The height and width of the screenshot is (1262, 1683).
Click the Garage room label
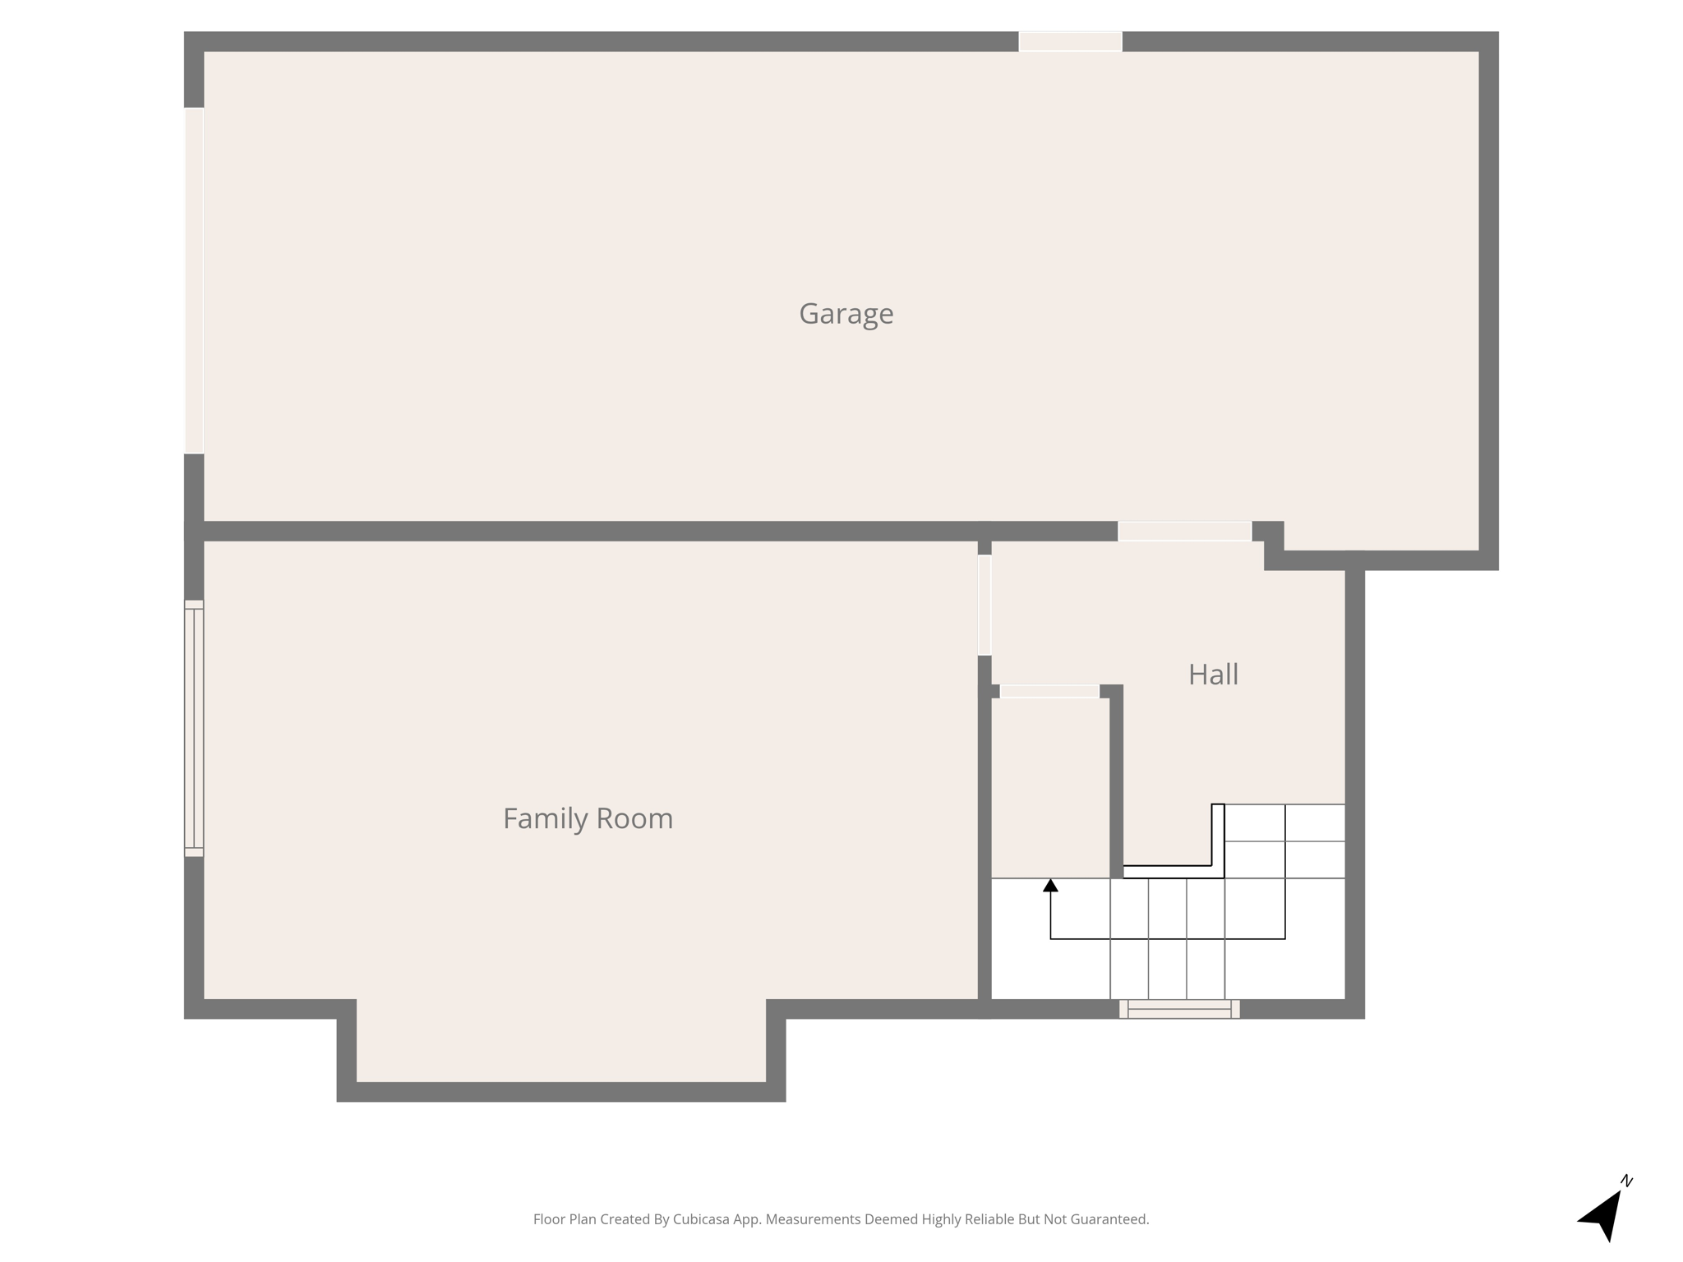846,314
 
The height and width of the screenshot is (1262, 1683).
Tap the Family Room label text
588,818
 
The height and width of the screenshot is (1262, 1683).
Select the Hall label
1213,675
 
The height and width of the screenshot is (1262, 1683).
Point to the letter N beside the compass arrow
1626,1181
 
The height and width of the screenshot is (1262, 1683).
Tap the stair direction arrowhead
1050,886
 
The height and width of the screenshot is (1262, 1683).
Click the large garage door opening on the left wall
194,280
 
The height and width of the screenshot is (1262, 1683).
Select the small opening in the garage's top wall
1070,41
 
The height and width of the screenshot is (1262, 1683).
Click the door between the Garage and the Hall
1184,532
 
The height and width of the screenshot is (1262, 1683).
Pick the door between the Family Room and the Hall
984,605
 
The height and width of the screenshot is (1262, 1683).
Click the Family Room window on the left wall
194,728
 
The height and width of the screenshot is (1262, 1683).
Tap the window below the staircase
1179,1009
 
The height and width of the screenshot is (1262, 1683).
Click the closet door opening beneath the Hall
1049,692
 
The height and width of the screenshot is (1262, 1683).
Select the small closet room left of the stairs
1050,787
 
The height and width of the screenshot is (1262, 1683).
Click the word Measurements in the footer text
813,1219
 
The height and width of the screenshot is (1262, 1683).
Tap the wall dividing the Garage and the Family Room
575,531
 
